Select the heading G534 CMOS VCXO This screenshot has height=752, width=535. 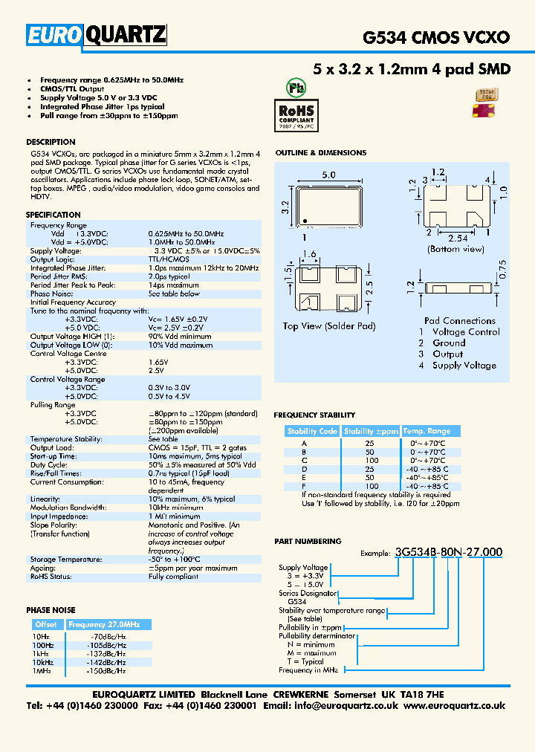[435, 36]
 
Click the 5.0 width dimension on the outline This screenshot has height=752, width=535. [328, 175]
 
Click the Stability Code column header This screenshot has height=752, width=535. [312, 431]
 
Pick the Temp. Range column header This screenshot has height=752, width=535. [427, 431]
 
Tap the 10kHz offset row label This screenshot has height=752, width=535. [42, 662]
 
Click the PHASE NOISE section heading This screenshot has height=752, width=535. [51, 610]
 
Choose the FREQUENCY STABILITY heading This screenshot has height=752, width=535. [314, 415]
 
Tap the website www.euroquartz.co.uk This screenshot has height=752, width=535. [454, 706]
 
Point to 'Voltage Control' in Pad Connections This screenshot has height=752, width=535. [466, 332]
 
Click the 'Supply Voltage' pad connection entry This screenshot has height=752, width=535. [464, 366]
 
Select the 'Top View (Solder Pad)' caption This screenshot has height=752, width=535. [328, 326]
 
